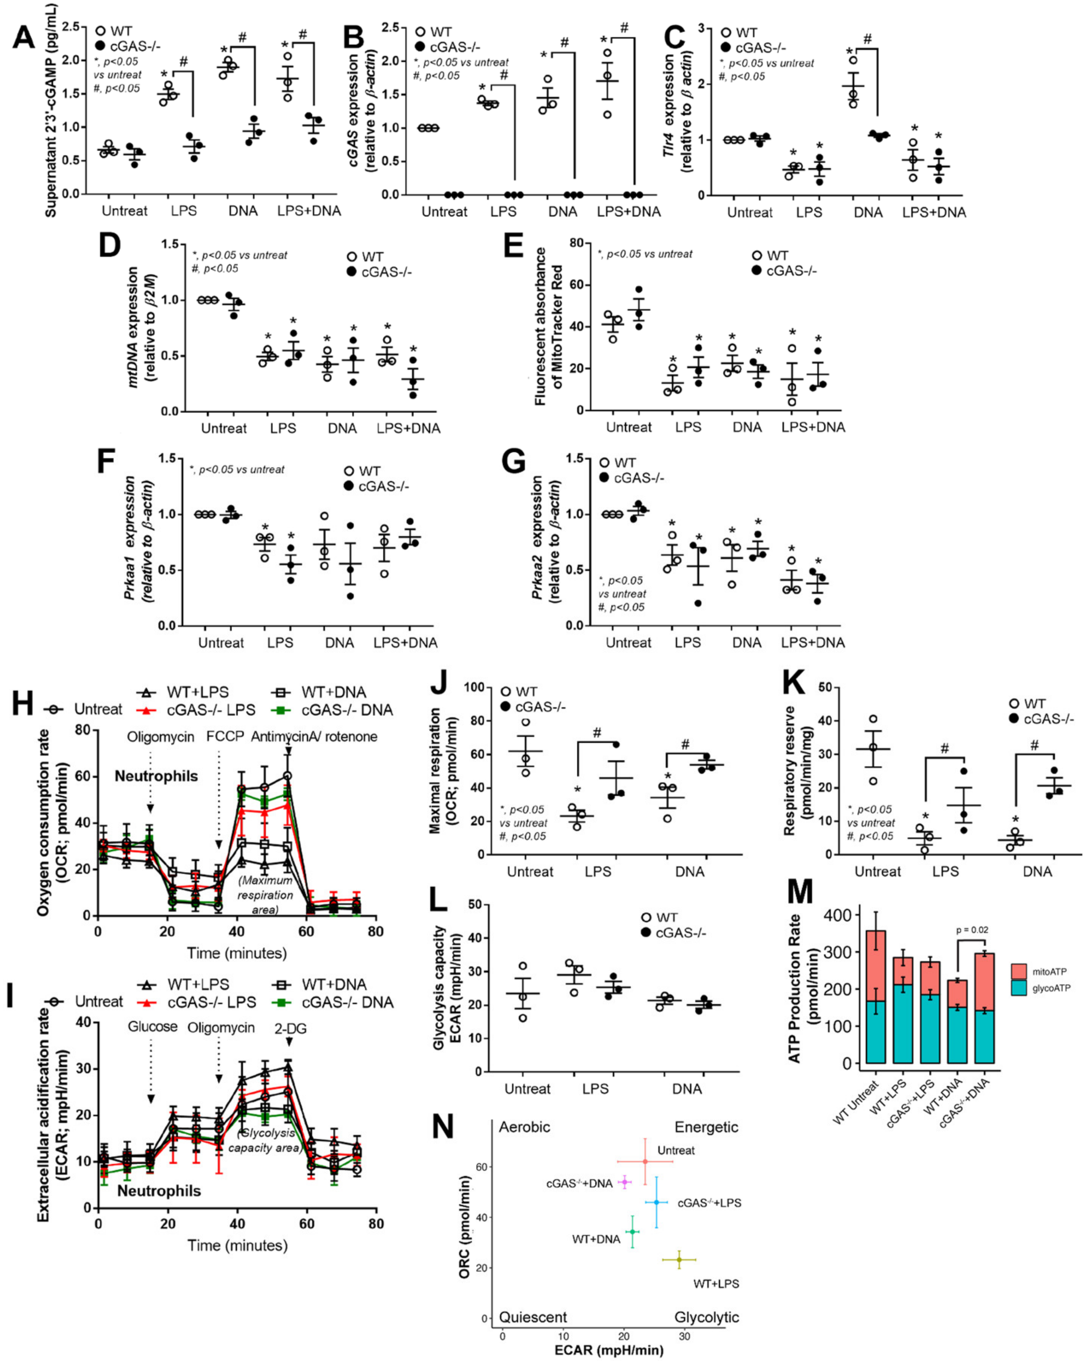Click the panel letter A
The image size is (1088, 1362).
23,38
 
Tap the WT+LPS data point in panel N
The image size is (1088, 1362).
679,1260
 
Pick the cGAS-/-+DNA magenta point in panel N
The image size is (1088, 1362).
624,1182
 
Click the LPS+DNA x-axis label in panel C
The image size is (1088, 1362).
934,212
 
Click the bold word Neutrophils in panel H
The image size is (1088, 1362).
156,776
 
